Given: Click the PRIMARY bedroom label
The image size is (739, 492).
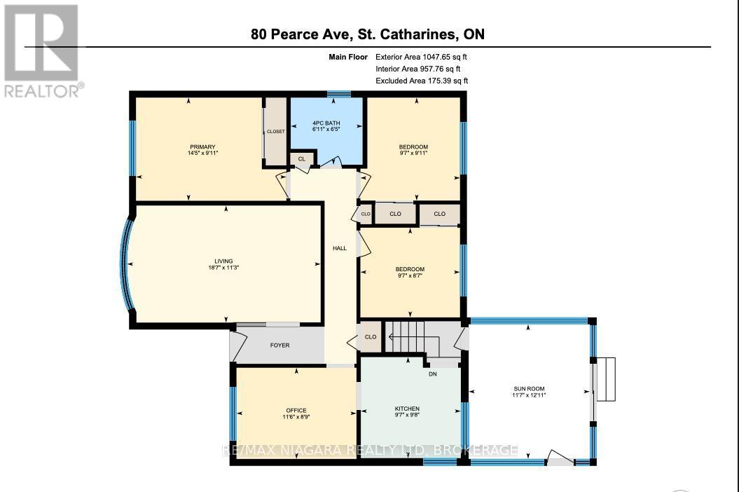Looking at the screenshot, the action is pos(202,146).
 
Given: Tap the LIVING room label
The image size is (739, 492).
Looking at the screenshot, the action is pos(223,261).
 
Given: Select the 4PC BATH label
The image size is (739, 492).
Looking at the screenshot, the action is pos(326,123).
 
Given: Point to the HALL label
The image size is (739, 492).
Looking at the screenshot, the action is pos(339,248).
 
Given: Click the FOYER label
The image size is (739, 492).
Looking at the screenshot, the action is pos(280,346).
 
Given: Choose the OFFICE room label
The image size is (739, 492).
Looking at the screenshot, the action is pos(296,411).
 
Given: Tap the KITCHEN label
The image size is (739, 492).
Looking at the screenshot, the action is pos(407,409).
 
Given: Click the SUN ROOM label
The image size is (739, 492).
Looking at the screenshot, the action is pos(529,389).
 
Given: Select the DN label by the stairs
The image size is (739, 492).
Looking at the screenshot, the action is pos(433,374).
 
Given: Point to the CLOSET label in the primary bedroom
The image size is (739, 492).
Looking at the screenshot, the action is pos(276,131).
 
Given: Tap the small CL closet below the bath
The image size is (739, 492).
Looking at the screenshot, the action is pos(302,159).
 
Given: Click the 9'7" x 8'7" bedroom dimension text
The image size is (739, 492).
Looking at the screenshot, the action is pos(410,275).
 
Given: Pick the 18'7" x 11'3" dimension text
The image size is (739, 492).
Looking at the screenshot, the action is pos(224,268).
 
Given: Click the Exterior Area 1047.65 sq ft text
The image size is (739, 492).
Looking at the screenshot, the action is pos(421,57).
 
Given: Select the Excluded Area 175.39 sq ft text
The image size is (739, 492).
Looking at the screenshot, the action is pos(422,81).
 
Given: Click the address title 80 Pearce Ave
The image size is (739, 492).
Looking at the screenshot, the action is pos(301,34).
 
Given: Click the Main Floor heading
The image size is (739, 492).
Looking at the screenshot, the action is pos(348,57).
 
